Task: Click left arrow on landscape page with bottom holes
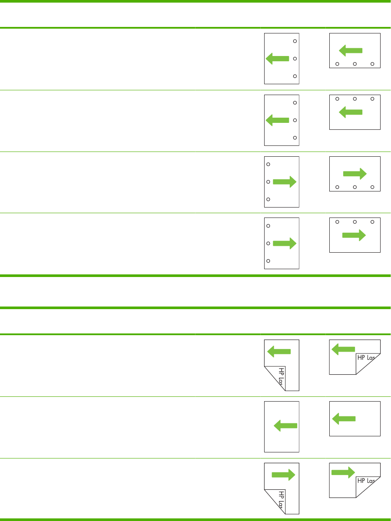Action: [x=350, y=51]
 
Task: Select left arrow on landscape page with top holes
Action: [x=350, y=112]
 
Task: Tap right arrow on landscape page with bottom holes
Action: [x=355, y=174]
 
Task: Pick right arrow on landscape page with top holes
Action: [x=354, y=235]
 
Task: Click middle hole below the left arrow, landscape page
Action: [x=355, y=64]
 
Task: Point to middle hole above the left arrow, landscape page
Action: [x=355, y=99]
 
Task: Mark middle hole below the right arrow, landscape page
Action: [x=355, y=187]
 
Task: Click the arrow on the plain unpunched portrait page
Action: [x=285, y=427]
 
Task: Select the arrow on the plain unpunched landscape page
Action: [x=344, y=419]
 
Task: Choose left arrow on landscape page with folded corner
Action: [x=343, y=348]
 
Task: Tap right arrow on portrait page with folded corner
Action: [x=283, y=475]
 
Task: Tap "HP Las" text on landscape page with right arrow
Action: [x=366, y=481]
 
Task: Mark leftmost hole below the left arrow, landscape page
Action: [x=337, y=64]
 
